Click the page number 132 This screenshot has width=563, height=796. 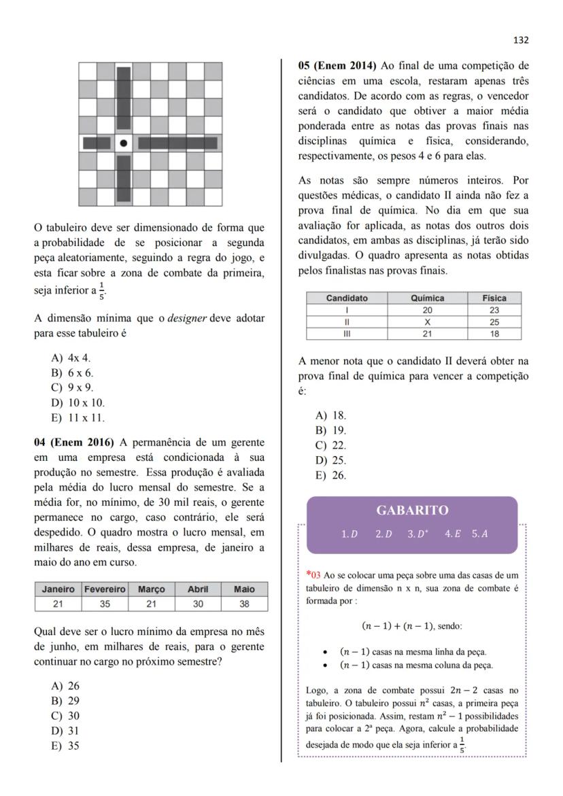click(521, 40)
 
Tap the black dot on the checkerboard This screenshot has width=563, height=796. click(124, 143)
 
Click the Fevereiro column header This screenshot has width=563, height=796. click(105, 589)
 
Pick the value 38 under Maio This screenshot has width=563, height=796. click(244, 604)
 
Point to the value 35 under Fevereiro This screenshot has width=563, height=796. click(105, 604)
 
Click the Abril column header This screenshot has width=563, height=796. click(197, 589)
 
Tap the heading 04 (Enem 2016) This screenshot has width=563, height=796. click(74, 443)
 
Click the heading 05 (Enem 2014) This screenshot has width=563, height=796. click(337, 66)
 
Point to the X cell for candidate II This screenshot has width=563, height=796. click(428, 322)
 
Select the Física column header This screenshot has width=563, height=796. click(494, 298)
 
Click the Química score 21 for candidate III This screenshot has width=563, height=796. click(428, 334)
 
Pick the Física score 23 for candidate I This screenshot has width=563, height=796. click(494, 310)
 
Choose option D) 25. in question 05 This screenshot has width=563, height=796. click(330, 461)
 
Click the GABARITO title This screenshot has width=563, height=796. click(412, 511)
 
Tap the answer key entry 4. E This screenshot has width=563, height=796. click(453, 534)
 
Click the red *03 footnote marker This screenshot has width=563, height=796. click(311, 575)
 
